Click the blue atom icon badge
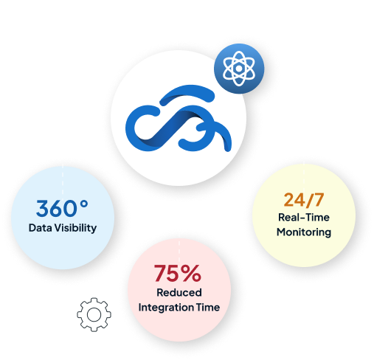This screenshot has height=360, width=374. tap(239, 69)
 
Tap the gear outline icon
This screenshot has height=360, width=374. tap(94, 314)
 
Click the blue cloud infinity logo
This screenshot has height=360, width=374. tap(179, 118)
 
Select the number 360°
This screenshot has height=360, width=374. tap(62, 208)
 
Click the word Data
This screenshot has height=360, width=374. tap(41, 228)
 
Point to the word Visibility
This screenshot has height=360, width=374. tap(75, 228)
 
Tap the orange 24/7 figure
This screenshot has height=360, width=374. tap(304, 200)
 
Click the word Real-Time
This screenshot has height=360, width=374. tap(304, 218)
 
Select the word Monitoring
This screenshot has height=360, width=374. tap(304, 232)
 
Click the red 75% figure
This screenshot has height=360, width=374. tap(178, 273)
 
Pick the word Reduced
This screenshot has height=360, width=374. tap(179, 293)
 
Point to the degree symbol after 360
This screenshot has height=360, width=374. tap(84, 204)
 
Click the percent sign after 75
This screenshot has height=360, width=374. tap(192, 273)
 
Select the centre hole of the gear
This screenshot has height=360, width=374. tap(94, 315)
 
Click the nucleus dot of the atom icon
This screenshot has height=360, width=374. tap(239, 69)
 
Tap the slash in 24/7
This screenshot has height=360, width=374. tap(310, 201)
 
